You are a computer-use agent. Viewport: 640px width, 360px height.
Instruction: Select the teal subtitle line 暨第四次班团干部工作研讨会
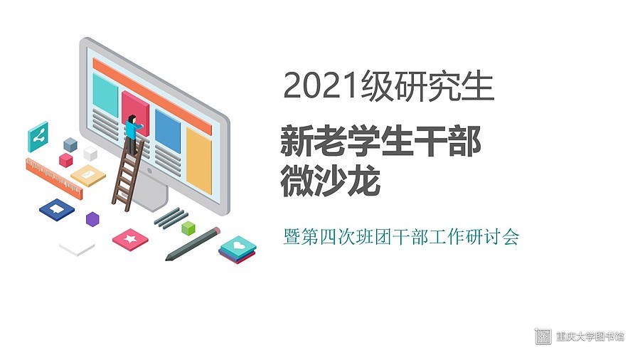click(x=401, y=237)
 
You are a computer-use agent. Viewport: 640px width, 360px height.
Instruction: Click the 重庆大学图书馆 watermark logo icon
click(x=543, y=336)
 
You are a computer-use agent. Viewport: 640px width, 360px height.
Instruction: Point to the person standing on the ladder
click(x=132, y=134)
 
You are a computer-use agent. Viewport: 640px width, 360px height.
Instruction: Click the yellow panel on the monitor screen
click(x=199, y=160)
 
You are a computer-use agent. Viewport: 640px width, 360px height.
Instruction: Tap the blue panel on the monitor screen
click(x=167, y=131)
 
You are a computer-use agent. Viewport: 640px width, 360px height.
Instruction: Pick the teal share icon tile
click(x=38, y=137)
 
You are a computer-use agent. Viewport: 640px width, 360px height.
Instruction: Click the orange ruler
click(x=54, y=179)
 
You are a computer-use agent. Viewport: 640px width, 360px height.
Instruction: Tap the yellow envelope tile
click(x=87, y=175)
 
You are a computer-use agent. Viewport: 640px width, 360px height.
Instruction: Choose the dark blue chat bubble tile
click(x=57, y=210)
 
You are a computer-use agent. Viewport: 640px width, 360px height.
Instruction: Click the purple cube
click(x=92, y=219)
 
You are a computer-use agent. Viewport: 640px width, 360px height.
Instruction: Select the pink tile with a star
click(x=130, y=240)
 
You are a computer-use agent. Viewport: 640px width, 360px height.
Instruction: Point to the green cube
click(x=188, y=228)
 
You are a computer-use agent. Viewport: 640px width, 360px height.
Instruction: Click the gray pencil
click(x=193, y=243)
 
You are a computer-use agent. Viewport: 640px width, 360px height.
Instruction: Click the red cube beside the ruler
click(x=65, y=160)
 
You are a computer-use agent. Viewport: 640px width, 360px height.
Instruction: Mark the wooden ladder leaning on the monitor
click(x=128, y=175)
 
